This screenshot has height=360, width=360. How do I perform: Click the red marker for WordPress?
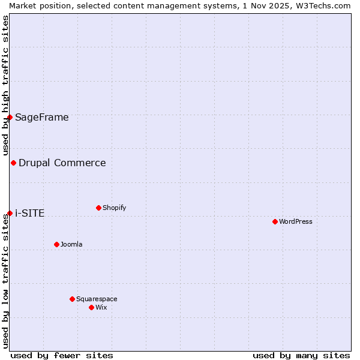[275, 221]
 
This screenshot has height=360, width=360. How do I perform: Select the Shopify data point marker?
[98, 208]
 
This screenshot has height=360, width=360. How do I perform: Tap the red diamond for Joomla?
[56, 244]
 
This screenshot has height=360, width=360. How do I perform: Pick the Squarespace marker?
[72, 299]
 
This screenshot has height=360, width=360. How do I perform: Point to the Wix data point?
[91, 307]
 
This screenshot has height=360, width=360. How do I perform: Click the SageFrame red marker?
[10, 117]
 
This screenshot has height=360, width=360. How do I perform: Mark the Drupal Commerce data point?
[13, 163]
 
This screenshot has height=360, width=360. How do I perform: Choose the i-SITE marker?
[10, 213]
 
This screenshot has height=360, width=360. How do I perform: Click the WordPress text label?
[296, 221]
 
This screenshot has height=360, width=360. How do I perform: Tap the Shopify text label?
[115, 208]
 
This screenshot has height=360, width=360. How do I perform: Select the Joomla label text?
[71, 244]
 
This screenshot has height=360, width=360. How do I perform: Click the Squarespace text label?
[97, 299]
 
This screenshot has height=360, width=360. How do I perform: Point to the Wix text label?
[101, 307]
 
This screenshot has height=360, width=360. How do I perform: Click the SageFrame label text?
[42, 117]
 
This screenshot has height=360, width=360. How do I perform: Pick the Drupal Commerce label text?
[62, 163]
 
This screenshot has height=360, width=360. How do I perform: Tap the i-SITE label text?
[30, 213]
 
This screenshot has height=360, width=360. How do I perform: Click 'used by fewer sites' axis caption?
[62, 355]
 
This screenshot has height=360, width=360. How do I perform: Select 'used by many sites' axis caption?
[301, 355]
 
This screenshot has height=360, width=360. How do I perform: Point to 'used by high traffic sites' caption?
[5, 85]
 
